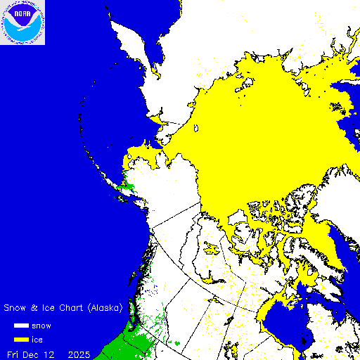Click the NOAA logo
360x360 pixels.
click(x=22, y=22)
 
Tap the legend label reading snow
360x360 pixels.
click(x=41, y=326)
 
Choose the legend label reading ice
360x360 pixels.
click(x=38, y=340)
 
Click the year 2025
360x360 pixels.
click(x=79, y=354)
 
